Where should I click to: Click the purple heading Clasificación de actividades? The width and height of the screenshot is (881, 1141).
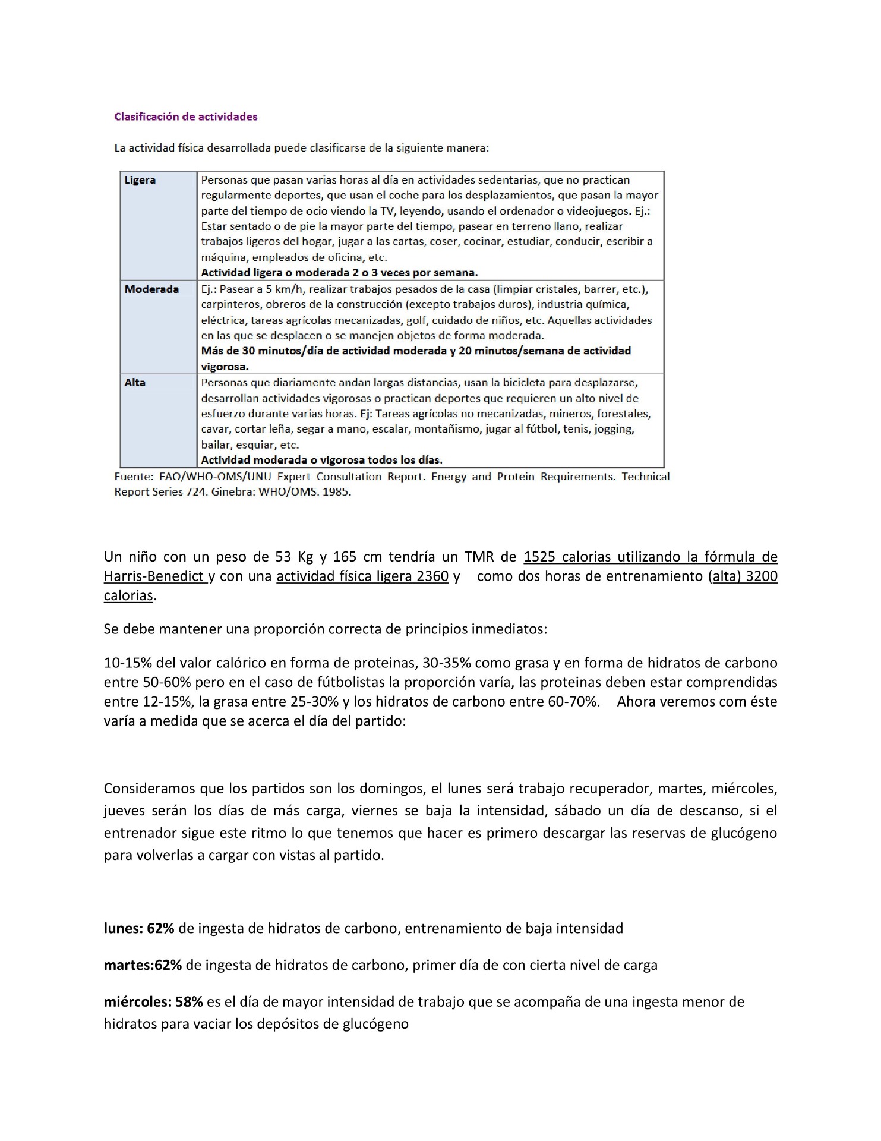coord(185,116)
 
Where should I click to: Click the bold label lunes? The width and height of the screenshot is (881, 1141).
coord(123,928)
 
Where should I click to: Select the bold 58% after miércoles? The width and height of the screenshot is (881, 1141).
coord(189,1001)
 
